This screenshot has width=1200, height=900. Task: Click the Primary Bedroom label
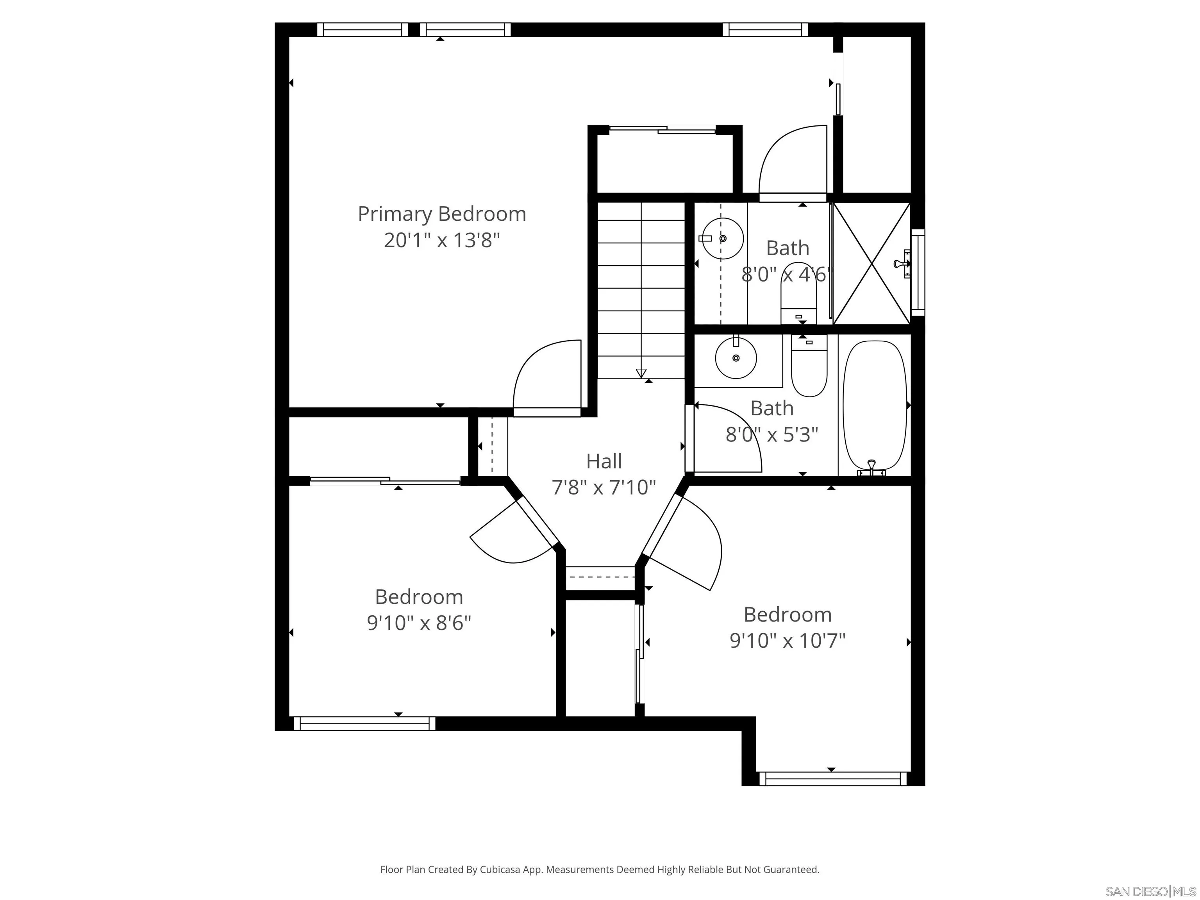click(441, 214)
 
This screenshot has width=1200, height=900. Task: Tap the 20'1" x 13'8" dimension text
click(441, 240)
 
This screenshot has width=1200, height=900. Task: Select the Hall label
click(604, 461)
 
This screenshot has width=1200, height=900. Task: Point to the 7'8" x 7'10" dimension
click(604, 487)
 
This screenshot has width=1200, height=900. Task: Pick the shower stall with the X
click(871, 264)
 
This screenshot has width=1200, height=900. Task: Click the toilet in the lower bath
click(809, 366)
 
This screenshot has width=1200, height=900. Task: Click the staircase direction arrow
click(641, 373)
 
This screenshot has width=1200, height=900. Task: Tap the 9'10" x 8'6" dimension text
click(419, 623)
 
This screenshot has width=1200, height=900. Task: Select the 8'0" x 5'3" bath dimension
click(772, 434)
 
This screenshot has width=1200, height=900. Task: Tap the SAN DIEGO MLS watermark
click(1151, 891)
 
